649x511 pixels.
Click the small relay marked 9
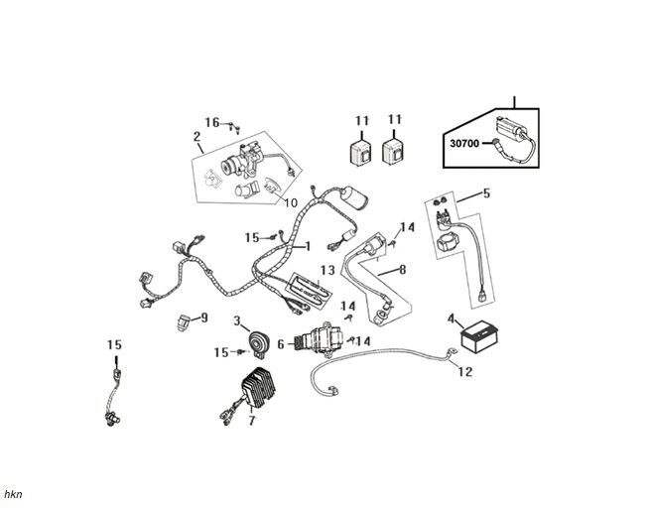pos(184,320)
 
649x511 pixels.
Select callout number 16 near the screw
pos(212,122)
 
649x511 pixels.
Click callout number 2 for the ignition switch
pos(196,136)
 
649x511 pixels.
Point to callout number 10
pos(291,203)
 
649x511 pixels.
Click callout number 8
pos(402,269)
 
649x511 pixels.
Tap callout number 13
pos(326,270)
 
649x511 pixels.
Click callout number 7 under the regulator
pos(252,421)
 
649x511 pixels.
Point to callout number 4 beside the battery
pos(452,319)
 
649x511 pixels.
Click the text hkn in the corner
pos(13,493)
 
